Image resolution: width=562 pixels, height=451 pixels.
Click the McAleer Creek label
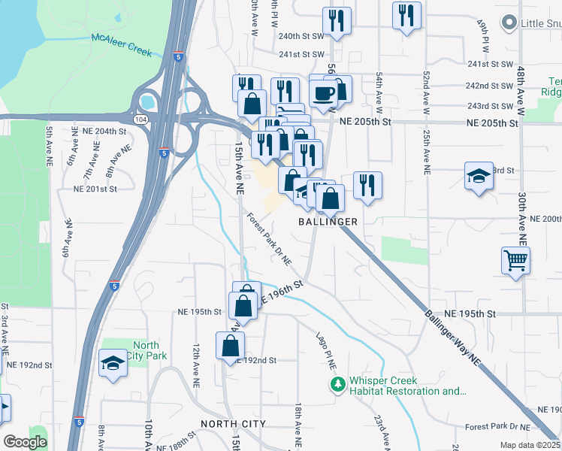point(121,45)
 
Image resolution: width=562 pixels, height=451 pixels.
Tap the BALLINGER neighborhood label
point(327,222)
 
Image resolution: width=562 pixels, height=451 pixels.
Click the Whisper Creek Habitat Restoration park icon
point(338,386)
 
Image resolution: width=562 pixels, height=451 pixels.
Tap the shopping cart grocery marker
point(516,261)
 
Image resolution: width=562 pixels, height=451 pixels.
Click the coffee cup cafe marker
point(324,92)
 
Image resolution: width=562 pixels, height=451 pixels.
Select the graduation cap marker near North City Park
point(113,363)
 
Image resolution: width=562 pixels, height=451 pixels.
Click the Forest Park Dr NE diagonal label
point(268,240)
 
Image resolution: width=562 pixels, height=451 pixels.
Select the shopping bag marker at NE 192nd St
point(230,345)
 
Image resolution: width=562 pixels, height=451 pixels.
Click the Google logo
point(25,442)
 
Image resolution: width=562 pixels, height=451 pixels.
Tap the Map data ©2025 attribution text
point(530,445)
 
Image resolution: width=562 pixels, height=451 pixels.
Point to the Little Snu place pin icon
point(511,23)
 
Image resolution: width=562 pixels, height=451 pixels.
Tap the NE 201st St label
point(95,189)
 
